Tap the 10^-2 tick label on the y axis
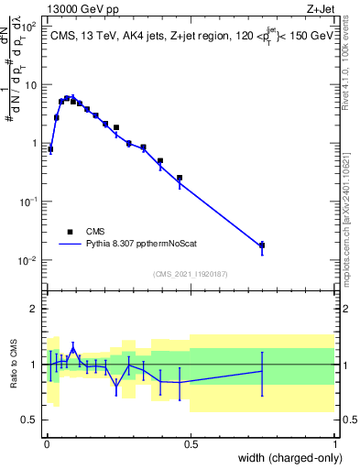click(27, 260)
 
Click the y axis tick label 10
click(29, 85)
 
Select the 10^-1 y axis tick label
click(27, 202)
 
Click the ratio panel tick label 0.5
click(31, 420)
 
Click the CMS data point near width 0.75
click(262, 245)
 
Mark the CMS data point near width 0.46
click(180, 178)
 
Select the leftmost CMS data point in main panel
click(50, 148)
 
